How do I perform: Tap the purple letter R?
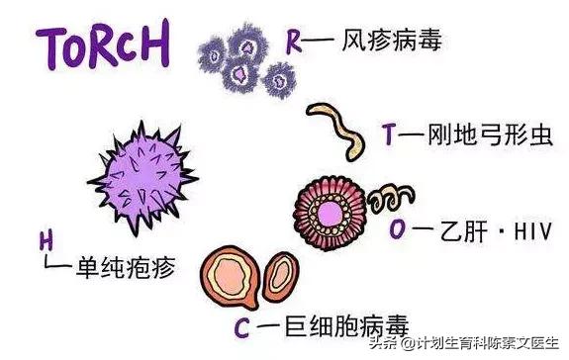[x=294, y=42]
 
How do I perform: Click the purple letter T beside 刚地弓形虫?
[x=389, y=135]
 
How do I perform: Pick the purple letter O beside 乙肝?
[x=398, y=229]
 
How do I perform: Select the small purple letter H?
[x=46, y=239]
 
